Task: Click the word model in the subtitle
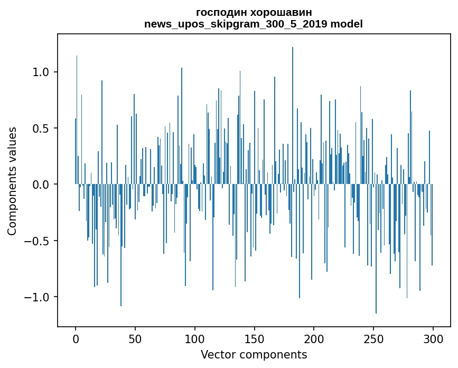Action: point(349,24)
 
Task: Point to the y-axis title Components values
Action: point(12,181)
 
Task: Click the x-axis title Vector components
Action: point(254,354)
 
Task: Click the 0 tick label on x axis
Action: point(76,338)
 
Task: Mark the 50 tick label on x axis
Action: point(135,338)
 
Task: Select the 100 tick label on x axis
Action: point(195,338)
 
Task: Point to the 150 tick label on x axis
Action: point(255,338)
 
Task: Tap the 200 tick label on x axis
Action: point(314,338)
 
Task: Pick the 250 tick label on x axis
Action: point(373,338)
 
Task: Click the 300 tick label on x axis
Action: point(433,338)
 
